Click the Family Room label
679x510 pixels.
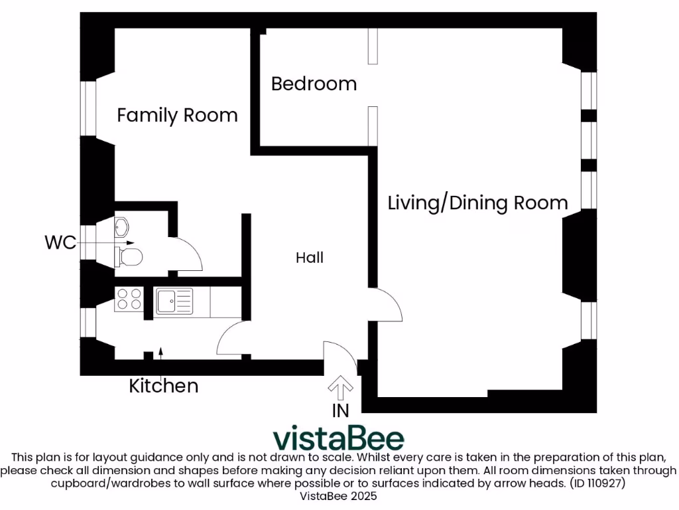point(177,115)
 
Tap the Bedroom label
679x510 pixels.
point(314,84)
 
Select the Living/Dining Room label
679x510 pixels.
point(477,203)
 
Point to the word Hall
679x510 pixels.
point(310,258)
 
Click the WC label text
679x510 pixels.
point(60,242)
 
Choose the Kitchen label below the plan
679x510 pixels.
point(163,386)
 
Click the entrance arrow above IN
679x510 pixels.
point(341,386)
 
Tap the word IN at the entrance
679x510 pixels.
point(340,410)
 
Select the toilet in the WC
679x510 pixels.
point(128,256)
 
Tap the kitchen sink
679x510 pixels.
point(174,301)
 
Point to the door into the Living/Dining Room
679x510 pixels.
point(386,305)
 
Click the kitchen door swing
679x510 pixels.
point(232,339)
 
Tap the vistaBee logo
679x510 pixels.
point(339,438)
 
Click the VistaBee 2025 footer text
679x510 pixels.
point(339,496)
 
